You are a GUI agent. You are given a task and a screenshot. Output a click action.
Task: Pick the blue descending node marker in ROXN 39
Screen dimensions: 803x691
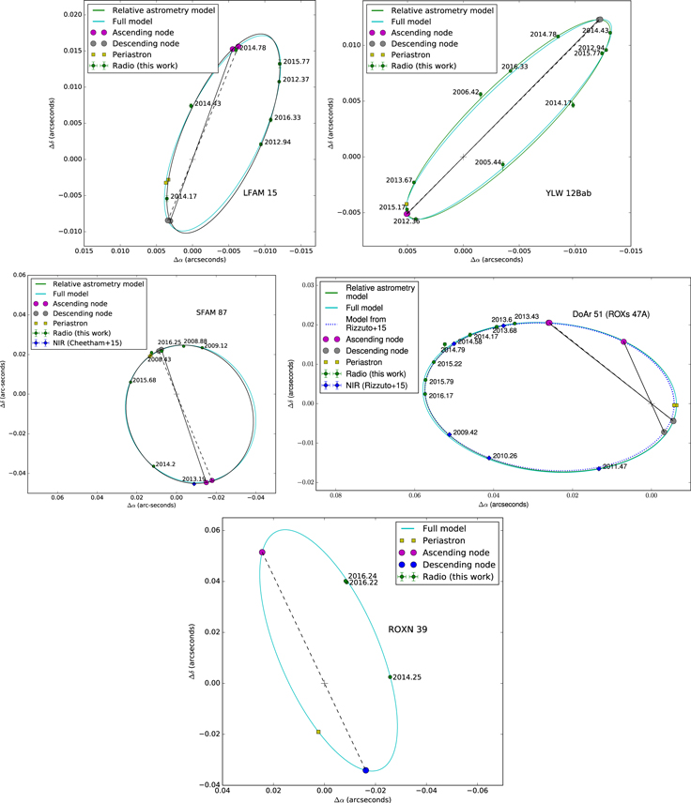coord(366,770)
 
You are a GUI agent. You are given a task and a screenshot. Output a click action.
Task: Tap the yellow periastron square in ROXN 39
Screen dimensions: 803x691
coord(319,732)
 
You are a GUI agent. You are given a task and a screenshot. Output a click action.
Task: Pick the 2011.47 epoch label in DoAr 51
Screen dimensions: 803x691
coord(615,465)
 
